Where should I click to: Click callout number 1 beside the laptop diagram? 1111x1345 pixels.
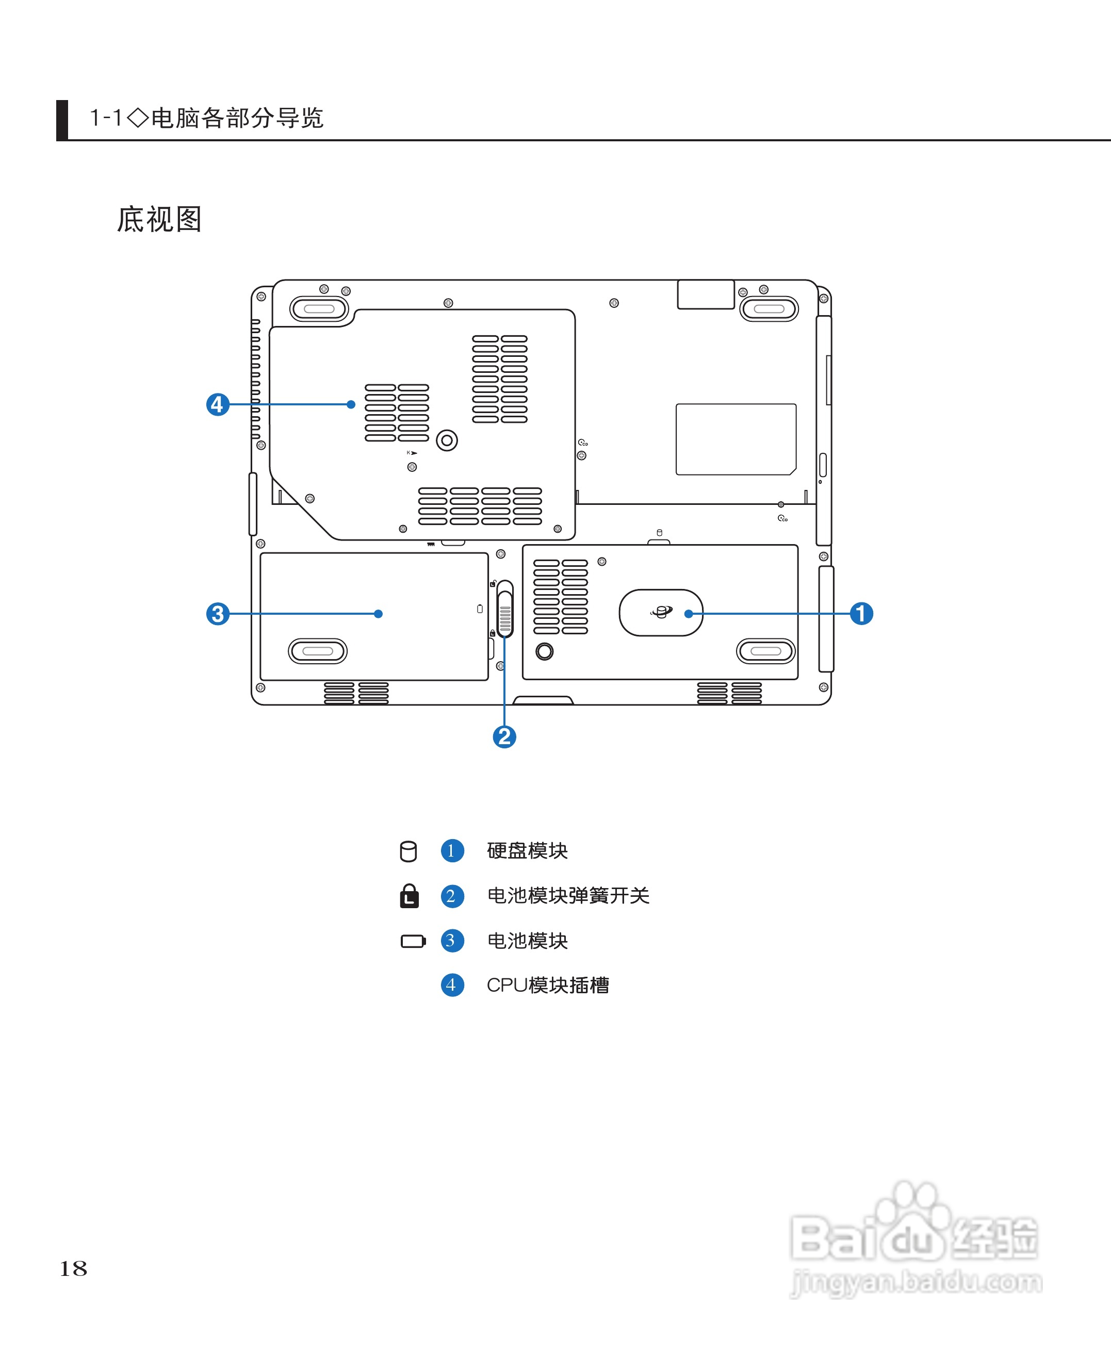861,613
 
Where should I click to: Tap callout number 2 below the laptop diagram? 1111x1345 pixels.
504,736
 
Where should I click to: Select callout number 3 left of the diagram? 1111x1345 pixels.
218,614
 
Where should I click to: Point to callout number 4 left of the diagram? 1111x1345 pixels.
218,404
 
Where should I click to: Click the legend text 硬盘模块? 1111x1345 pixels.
527,850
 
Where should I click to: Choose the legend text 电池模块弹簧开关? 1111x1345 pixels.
568,895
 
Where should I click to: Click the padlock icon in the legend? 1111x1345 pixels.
409,896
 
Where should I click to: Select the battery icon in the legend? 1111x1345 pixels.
413,941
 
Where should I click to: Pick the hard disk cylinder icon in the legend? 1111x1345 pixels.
409,851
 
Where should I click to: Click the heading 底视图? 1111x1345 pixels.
159,220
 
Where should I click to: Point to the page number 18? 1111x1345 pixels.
73,1268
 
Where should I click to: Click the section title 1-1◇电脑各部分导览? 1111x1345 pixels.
206,118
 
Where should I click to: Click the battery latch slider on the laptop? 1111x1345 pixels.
505,609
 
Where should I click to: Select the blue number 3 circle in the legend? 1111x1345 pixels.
452,941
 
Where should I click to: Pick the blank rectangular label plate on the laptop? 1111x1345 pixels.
736,439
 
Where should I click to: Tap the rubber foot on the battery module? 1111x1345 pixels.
317,651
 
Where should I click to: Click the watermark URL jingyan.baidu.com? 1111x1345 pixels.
916,1282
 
